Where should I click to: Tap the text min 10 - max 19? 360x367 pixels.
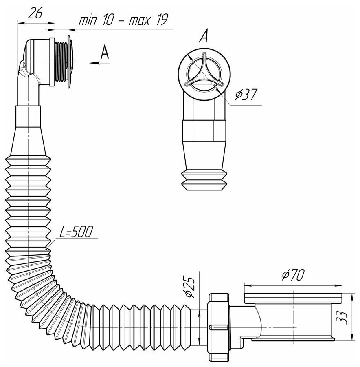(x=123, y=20)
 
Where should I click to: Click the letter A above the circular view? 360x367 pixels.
(x=204, y=38)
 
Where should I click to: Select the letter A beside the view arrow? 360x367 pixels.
(x=105, y=53)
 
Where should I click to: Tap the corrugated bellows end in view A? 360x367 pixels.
(x=204, y=179)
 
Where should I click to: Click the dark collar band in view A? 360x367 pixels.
(x=204, y=130)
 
